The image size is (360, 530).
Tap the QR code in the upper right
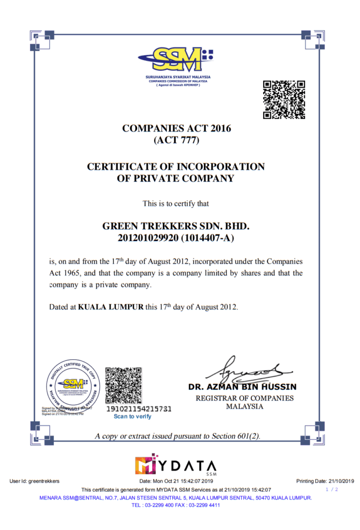(284, 100)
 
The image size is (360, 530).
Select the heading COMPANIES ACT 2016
(176, 128)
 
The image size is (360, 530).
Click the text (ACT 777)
(176, 140)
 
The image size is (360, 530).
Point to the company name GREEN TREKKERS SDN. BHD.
(176, 227)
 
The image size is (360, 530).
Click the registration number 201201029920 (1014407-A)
(176, 238)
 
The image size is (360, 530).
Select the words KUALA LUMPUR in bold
(110, 307)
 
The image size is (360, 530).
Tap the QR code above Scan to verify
(124, 385)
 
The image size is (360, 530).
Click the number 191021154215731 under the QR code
(138, 409)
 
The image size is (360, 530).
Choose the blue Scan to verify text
(132, 417)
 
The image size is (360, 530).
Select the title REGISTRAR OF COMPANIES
(245, 399)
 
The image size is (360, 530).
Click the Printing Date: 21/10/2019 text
(325, 481)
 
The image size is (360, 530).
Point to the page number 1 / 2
(332, 489)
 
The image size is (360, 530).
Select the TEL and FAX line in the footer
(176, 505)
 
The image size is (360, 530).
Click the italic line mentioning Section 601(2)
(177, 436)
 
